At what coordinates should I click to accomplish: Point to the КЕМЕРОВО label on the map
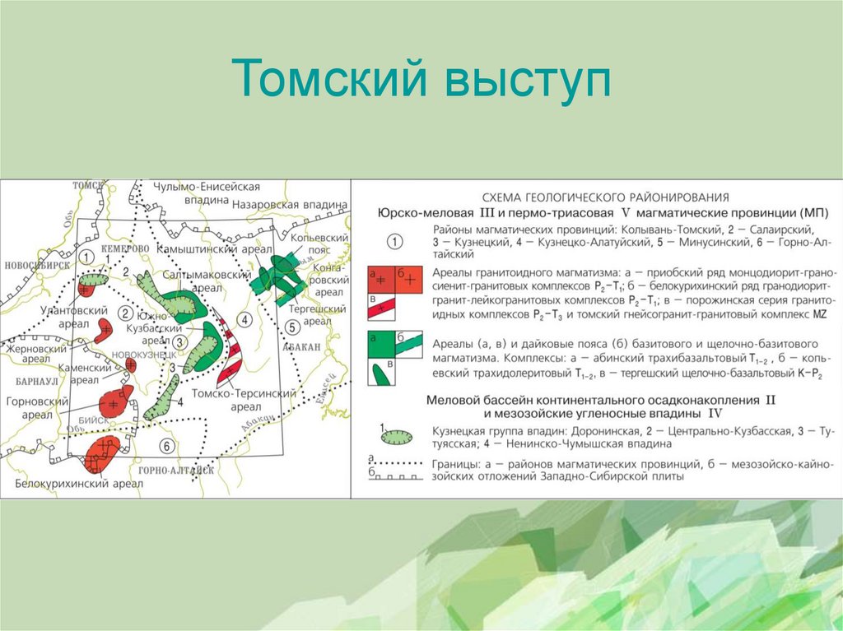125,248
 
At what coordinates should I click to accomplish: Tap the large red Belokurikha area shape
102,452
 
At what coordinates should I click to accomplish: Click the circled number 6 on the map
167,446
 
